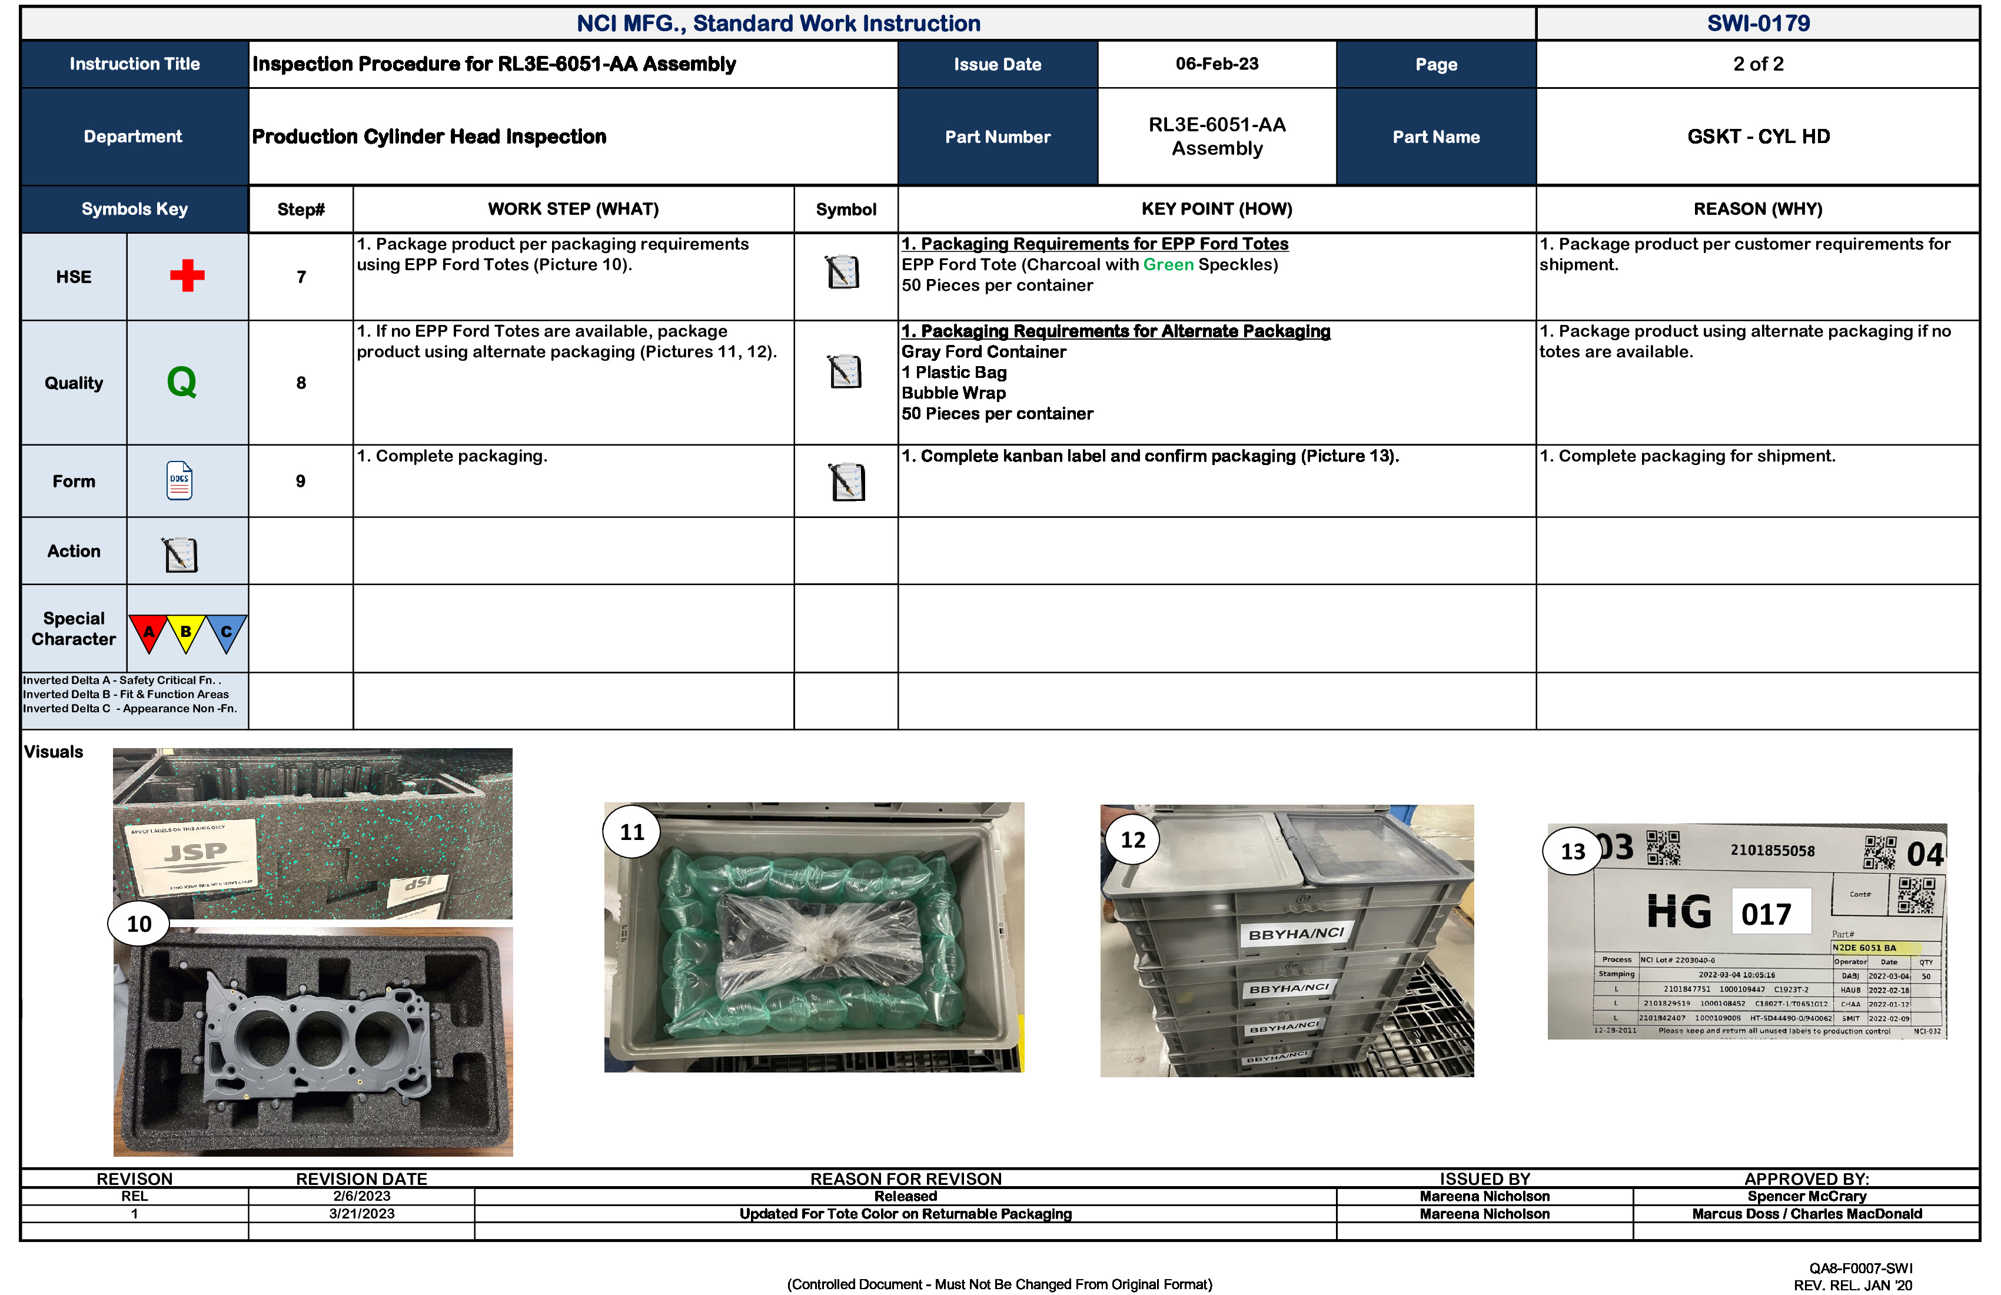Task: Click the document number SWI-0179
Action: click(1757, 23)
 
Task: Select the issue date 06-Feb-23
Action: click(1216, 64)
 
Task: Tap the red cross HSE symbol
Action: click(187, 276)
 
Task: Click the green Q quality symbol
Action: click(182, 382)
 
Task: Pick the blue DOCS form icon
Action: click(179, 481)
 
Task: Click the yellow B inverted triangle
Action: click(186, 632)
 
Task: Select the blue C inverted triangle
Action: click(225, 632)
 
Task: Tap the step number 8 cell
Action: click(300, 383)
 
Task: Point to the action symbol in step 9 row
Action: click(847, 482)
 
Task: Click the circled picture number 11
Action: click(631, 832)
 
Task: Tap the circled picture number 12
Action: click(1132, 839)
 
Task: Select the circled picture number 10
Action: click(139, 924)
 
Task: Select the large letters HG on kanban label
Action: click(1678, 912)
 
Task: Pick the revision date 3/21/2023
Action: click(361, 1213)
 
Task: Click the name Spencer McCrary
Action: click(1806, 1196)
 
